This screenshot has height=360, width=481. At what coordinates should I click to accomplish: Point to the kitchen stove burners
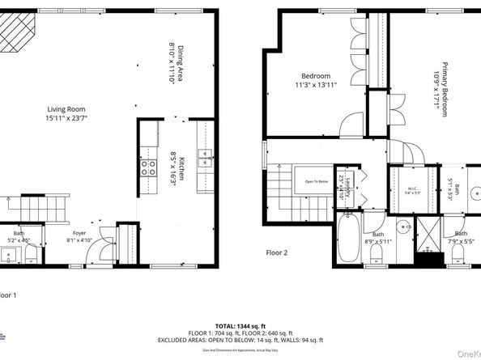150,168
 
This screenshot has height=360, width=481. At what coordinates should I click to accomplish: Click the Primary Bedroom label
442,89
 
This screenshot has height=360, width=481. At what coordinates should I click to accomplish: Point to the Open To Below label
316,182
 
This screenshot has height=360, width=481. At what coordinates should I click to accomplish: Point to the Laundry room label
343,185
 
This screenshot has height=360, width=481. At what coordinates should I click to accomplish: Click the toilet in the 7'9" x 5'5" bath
457,257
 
